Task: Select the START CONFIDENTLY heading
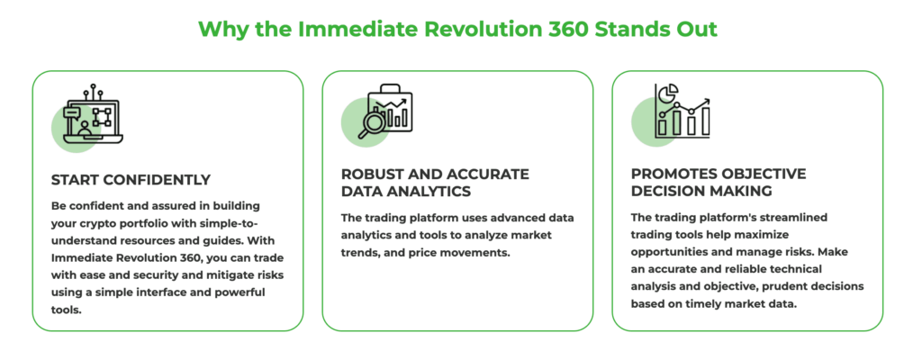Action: pos(131,179)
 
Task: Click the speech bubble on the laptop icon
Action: pos(71,112)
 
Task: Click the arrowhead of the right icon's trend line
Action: pos(706,102)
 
